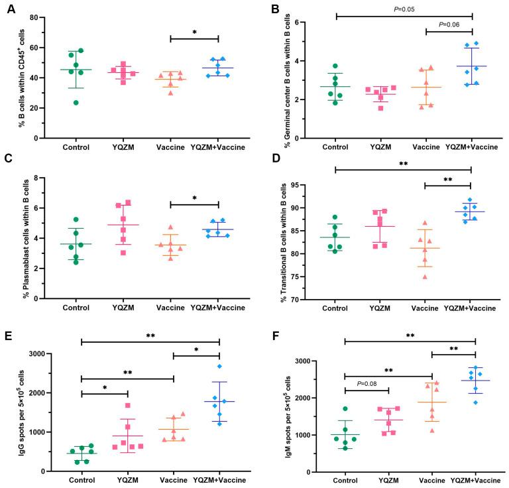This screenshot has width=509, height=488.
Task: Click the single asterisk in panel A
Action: coord(194,32)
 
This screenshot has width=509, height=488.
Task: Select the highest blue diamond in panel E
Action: coord(219,366)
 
